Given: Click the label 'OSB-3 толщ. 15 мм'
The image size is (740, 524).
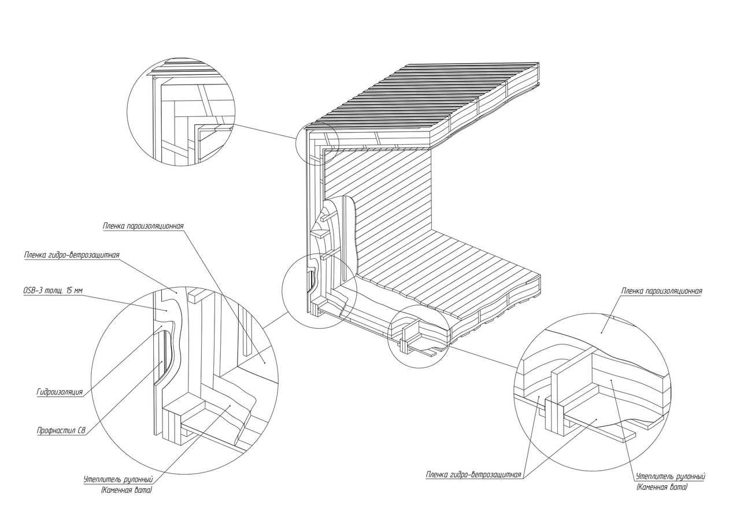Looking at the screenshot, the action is [x=53, y=291].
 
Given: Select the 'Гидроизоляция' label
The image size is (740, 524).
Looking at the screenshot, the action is [x=60, y=393].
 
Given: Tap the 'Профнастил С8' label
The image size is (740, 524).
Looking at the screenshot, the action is [x=61, y=431].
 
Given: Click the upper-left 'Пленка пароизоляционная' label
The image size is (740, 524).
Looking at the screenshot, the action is [x=143, y=226].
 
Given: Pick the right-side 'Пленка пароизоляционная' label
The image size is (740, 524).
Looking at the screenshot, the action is [x=662, y=291].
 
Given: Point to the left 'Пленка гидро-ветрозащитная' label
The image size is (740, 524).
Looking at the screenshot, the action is [x=72, y=255].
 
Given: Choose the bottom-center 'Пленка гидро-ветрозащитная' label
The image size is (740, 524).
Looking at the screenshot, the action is [x=473, y=475].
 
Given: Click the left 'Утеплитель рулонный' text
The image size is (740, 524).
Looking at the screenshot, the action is [x=119, y=479].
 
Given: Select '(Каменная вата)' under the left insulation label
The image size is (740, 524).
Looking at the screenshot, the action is [x=127, y=490].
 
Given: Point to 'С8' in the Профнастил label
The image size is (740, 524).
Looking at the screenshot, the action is [x=81, y=431].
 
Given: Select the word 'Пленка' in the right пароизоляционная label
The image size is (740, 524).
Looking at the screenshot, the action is [x=632, y=291].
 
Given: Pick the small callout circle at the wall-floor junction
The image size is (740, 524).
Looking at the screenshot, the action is [x=320, y=291].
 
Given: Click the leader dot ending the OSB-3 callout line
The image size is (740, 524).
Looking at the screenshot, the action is [x=167, y=310].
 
